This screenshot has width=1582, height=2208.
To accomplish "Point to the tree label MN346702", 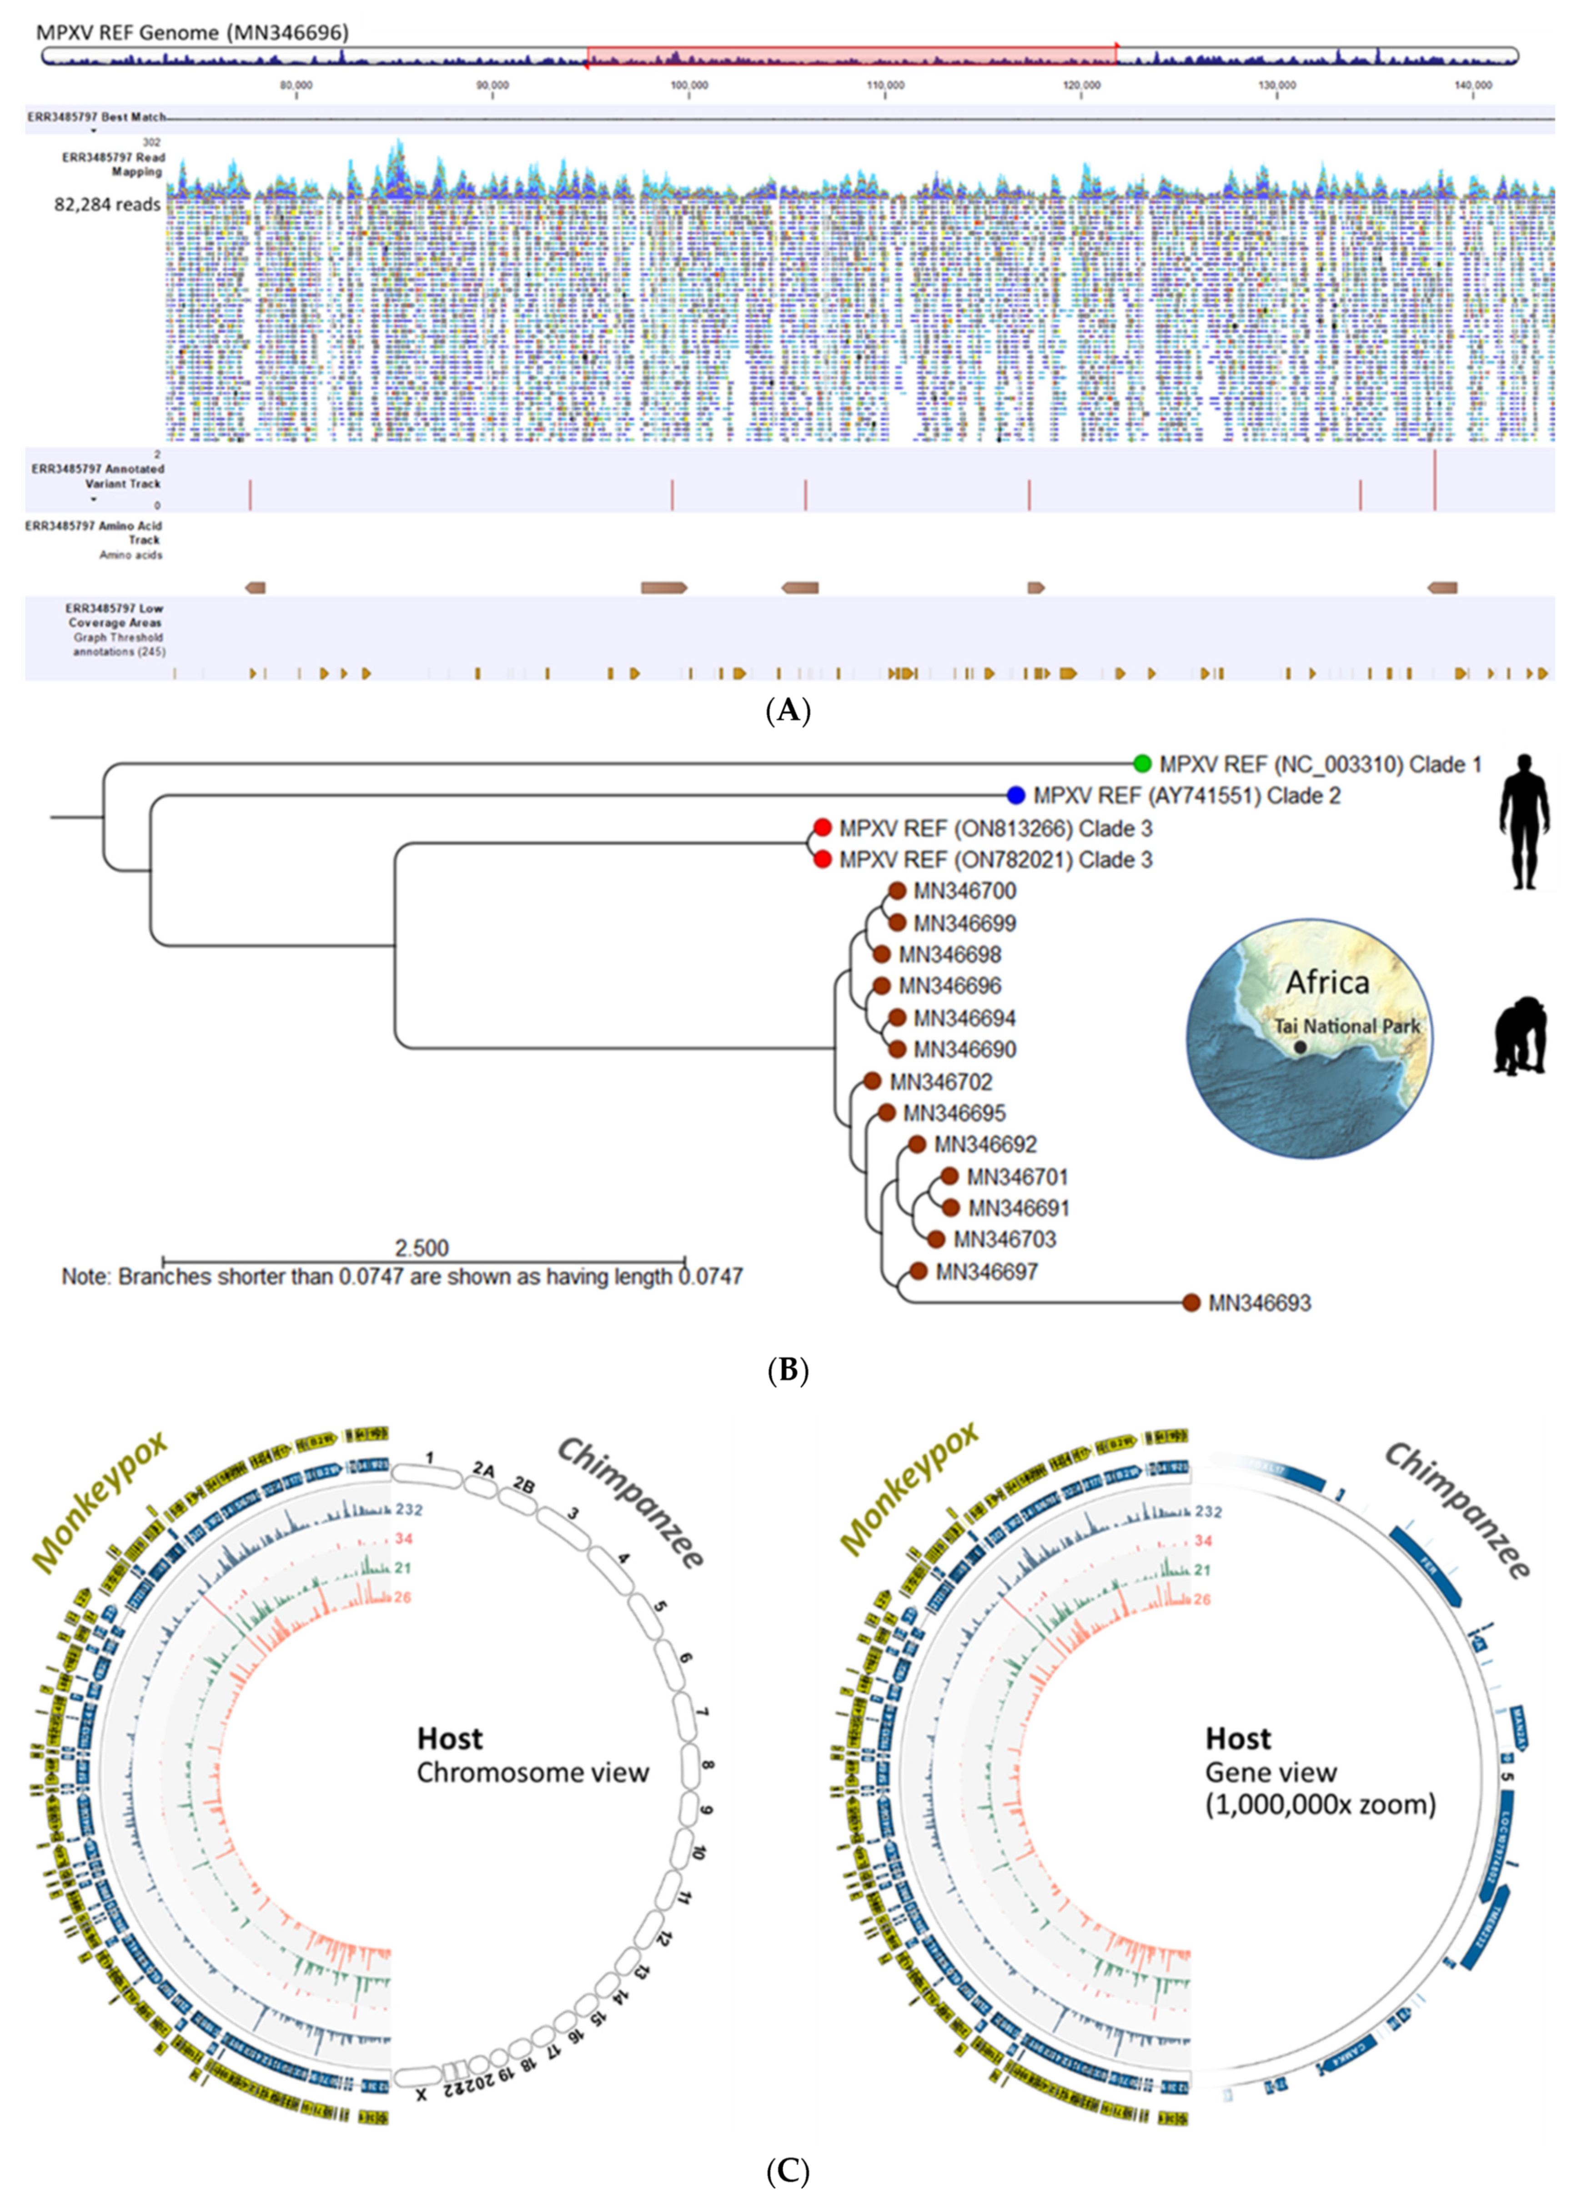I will (x=940, y=1082).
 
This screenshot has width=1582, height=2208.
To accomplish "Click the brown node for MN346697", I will (x=917, y=1270).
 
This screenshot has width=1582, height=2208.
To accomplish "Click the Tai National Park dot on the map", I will (x=1301, y=1048).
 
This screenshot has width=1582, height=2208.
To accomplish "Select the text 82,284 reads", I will (x=107, y=205).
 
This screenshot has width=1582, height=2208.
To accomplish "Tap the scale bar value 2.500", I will (x=422, y=1248).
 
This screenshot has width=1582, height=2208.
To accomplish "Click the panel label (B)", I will (x=788, y=1371).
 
